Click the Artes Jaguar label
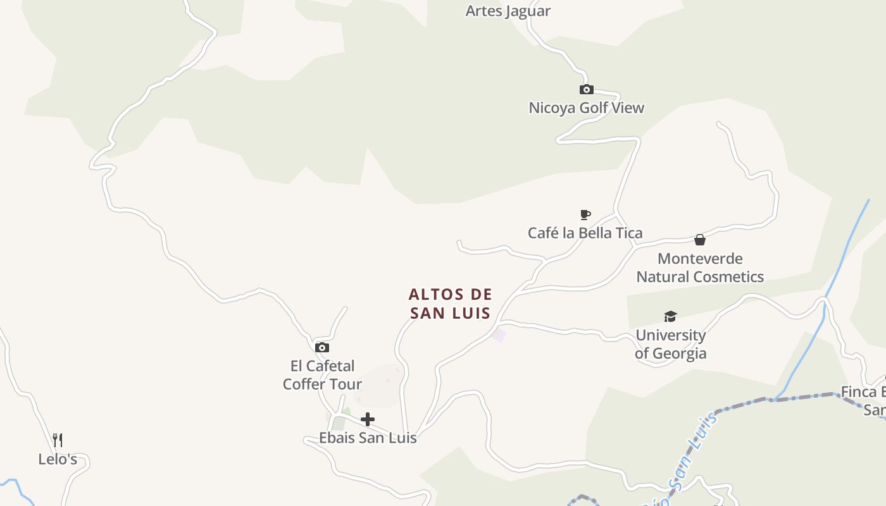[508, 11]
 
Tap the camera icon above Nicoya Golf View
[587, 90]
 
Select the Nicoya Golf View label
[586, 108]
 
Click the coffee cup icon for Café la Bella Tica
[585, 215]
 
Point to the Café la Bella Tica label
[585, 233]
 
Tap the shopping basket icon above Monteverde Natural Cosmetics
[700, 240]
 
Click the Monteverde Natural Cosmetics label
[700, 268]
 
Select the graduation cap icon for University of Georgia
[670, 316]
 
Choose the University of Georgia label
[670, 344]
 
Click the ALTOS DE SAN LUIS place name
[450, 304]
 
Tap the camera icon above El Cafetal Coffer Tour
[322, 347]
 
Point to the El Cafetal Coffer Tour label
[322, 375]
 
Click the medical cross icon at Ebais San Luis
[368, 419]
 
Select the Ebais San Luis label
[368, 438]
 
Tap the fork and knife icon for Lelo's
[58, 440]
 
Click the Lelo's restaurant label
[58, 459]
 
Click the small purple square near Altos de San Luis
[499, 335]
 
